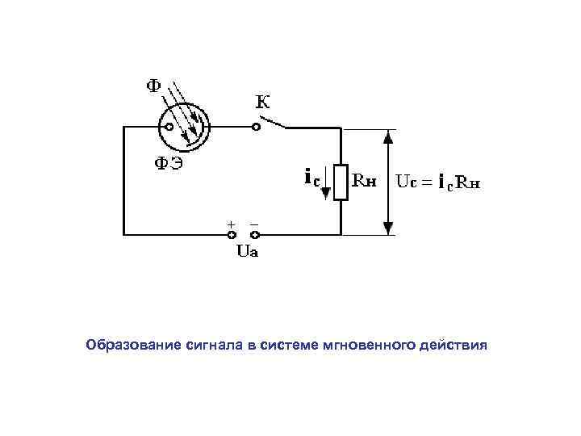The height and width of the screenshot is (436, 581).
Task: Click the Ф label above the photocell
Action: tap(153, 86)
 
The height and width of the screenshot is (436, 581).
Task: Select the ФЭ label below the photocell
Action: tap(169, 164)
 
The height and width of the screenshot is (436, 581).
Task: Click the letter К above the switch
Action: tap(263, 102)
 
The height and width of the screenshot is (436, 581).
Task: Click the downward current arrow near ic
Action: tap(327, 191)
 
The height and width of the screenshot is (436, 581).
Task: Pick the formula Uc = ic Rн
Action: tap(440, 182)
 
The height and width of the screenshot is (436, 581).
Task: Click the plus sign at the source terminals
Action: tap(232, 223)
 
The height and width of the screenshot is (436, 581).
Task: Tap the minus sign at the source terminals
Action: tap(255, 223)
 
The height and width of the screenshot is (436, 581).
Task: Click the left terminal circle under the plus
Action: tap(232, 235)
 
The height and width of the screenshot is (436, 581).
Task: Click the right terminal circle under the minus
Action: tap(257, 235)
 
